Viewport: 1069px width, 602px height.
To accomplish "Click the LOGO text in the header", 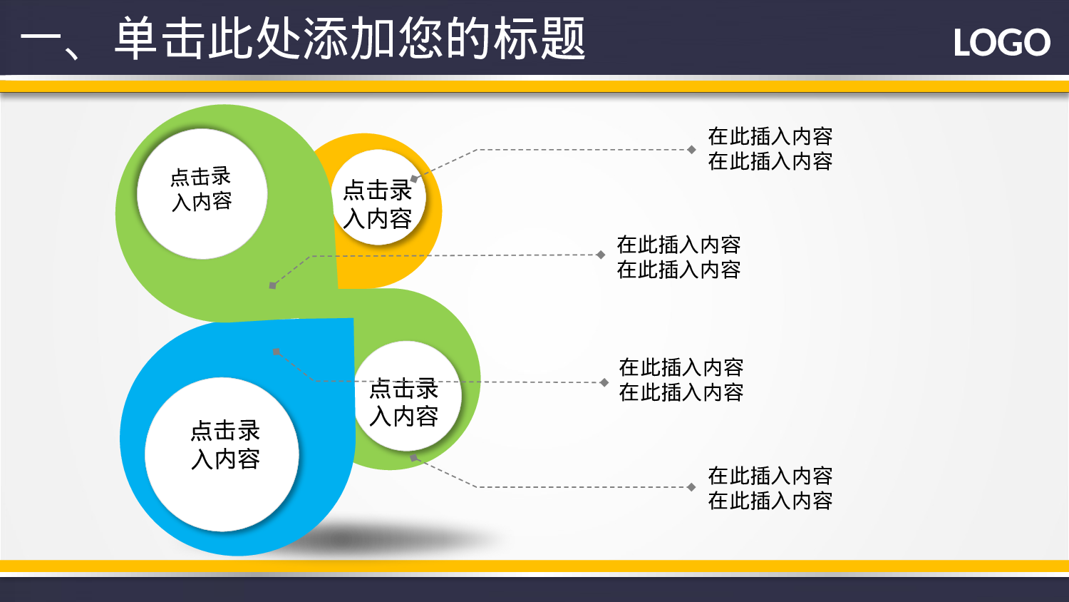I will click(1001, 43).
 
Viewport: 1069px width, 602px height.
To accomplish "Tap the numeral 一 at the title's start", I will click(43, 40).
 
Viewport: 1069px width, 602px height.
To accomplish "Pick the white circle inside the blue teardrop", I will click(222, 454).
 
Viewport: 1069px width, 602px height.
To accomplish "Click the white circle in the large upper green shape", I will click(202, 193).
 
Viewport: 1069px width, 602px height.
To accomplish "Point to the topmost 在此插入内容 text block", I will click(770, 148).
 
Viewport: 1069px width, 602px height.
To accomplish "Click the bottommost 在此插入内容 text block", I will click(770, 488).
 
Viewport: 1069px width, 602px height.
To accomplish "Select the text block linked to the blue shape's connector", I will click(681, 379).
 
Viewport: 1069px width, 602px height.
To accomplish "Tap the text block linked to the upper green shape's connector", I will click(678, 257).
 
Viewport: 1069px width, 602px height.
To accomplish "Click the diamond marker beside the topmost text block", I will click(691, 150).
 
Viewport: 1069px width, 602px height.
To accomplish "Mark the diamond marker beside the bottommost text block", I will click(691, 487).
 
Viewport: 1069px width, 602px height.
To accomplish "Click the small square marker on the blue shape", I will click(277, 352).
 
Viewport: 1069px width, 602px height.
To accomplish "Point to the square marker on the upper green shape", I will click(272, 285).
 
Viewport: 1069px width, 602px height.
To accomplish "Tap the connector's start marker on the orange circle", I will click(414, 179).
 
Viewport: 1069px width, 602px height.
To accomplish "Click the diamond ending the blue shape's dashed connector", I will click(604, 382).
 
